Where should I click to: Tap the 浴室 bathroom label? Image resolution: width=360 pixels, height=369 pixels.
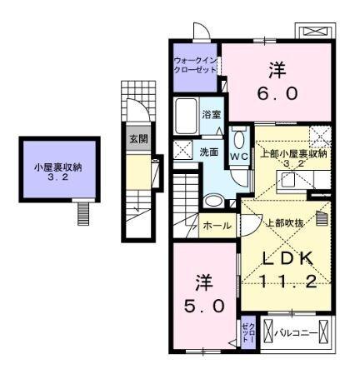tap(212, 114)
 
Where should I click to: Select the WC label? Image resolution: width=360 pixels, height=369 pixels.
tap(237, 156)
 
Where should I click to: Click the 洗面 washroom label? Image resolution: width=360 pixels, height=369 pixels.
tap(209, 152)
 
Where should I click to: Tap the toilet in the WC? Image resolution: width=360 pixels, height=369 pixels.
tap(238, 139)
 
